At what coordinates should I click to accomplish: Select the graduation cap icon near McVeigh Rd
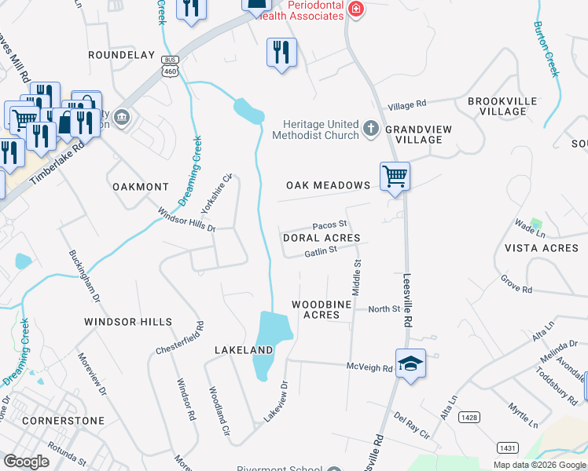pyautogui.click(x=410, y=363)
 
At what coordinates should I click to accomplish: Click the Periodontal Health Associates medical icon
pyautogui.click(x=356, y=9)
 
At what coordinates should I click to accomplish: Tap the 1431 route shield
pyautogui.click(x=507, y=447)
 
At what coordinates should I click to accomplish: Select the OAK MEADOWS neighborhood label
pyautogui.click(x=328, y=185)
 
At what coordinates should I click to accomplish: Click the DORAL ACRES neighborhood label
pyautogui.click(x=321, y=238)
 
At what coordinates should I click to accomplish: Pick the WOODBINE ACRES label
pyautogui.click(x=315, y=309)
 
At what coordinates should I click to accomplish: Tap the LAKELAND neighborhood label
pyautogui.click(x=244, y=348)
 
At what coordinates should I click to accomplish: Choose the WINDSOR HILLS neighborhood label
pyautogui.click(x=127, y=322)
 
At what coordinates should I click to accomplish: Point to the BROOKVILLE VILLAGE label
pyautogui.click(x=502, y=106)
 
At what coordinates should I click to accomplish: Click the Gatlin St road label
pyautogui.click(x=320, y=250)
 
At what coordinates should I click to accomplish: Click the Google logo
pyautogui.click(x=26, y=462)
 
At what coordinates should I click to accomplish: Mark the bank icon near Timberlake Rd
pyautogui.click(x=122, y=119)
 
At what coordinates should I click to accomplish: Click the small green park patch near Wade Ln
pyautogui.click(x=536, y=223)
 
